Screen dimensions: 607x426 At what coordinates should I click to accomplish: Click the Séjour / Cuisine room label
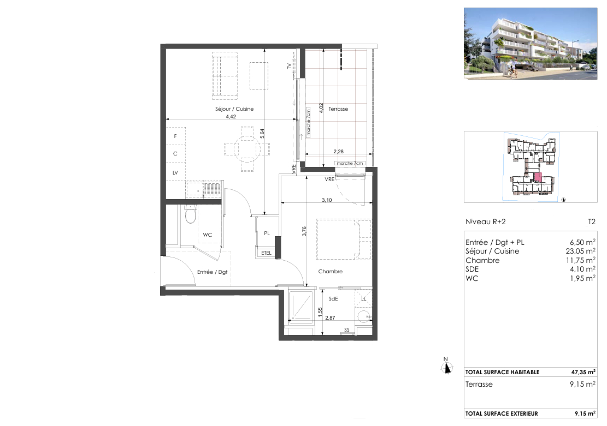click(234, 109)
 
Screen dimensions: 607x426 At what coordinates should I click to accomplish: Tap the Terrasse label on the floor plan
click(338, 109)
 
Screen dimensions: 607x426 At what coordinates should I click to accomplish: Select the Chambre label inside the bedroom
click(330, 272)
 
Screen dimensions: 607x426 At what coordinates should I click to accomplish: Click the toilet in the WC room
click(191, 214)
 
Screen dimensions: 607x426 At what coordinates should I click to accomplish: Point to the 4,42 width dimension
click(231, 116)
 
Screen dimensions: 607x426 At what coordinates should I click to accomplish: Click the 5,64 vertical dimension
click(262, 134)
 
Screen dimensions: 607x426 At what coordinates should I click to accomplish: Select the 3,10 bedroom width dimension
click(327, 200)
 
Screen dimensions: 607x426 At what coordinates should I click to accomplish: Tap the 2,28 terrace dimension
click(338, 152)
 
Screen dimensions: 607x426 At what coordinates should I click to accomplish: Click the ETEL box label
click(266, 253)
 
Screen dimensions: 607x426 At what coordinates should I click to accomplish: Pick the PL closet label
click(267, 233)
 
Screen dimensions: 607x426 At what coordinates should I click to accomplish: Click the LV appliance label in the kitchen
click(175, 173)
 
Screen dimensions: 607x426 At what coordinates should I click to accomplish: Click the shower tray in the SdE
click(301, 305)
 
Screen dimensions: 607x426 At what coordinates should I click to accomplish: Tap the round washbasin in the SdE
click(364, 316)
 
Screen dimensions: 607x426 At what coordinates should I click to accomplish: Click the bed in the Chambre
click(344, 239)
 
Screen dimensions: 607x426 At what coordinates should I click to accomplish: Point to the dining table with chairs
click(247, 149)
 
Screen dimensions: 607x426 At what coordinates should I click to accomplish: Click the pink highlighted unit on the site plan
click(538, 178)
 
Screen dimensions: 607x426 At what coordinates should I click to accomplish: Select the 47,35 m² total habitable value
click(584, 372)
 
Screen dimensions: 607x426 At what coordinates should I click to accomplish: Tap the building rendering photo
click(531, 43)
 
